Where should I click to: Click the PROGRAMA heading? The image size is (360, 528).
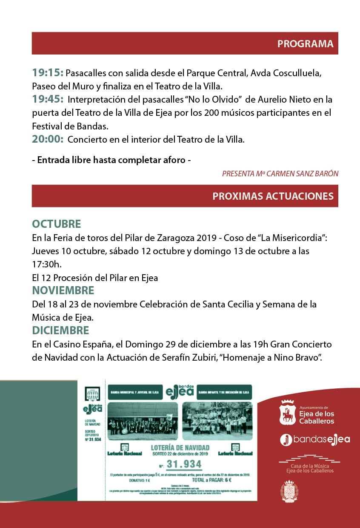305,44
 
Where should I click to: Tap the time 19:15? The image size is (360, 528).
48,73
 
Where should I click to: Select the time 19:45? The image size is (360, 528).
48,100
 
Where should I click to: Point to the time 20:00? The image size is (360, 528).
48,139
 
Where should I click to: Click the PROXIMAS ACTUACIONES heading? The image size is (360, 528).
273,196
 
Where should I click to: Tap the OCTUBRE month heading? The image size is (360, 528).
57,224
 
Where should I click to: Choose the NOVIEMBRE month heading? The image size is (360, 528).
63,291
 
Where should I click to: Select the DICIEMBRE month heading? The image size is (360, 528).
60,330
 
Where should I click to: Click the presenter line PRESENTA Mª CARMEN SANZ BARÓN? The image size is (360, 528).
280,174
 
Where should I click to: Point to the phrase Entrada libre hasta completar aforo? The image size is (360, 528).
111,161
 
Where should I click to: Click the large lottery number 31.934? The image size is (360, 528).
183,464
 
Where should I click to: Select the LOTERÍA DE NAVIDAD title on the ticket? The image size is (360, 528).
180,448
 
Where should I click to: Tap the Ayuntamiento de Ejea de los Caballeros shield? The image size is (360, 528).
288,413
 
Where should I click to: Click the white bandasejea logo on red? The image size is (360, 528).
315,439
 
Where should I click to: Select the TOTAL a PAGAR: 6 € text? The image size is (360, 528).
211,480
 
